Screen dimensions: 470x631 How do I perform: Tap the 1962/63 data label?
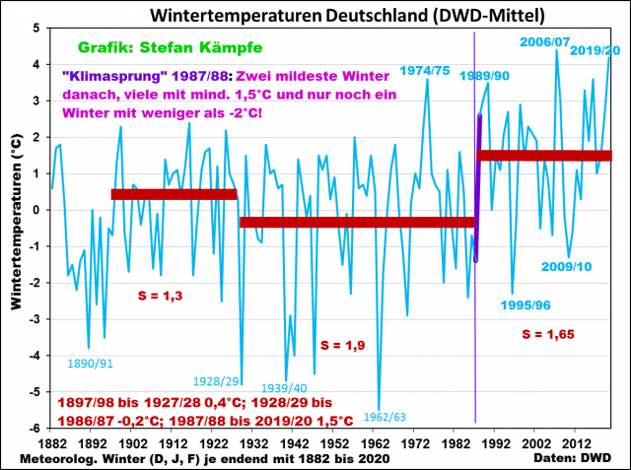[x=385, y=417]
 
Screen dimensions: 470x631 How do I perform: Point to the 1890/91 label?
[x=90, y=364]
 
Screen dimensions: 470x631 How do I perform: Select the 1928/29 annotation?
[x=219, y=380]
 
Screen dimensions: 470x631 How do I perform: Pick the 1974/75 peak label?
[x=425, y=69]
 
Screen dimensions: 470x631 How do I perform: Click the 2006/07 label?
[x=545, y=41]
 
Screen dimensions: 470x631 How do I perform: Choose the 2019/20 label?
[x=595, y=50]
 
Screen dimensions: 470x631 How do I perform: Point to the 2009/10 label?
[x=566, y=267]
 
